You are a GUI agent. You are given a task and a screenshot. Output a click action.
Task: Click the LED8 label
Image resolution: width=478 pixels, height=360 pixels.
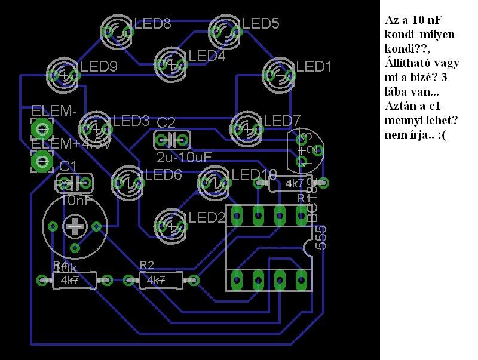[x=153, y=24]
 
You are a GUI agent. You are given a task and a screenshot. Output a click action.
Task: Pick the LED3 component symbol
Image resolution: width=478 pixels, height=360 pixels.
[x=96, y=127]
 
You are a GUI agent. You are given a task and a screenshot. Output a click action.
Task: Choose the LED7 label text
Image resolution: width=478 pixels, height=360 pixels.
[x=282, y=121]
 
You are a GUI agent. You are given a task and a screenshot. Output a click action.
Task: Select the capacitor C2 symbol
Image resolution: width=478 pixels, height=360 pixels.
[x=171, y=141]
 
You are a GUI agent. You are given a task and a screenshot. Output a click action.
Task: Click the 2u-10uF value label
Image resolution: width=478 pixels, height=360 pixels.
[x=184, y=158]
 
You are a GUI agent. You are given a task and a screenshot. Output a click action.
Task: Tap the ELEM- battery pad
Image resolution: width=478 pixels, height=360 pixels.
[x=42, y=127]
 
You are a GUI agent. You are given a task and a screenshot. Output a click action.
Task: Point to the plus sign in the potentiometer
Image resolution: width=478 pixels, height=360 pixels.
[x=75, y=226]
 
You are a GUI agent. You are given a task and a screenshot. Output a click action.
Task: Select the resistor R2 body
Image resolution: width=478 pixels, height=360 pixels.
[x=161, y=280]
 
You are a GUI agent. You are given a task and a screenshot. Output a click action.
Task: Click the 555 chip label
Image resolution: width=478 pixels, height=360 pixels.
[x=321, y=238]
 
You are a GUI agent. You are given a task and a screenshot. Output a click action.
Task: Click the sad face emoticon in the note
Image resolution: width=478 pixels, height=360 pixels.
[x=441, y=136]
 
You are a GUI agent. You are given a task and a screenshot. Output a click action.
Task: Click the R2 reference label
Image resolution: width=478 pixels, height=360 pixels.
[x=147, y=265]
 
